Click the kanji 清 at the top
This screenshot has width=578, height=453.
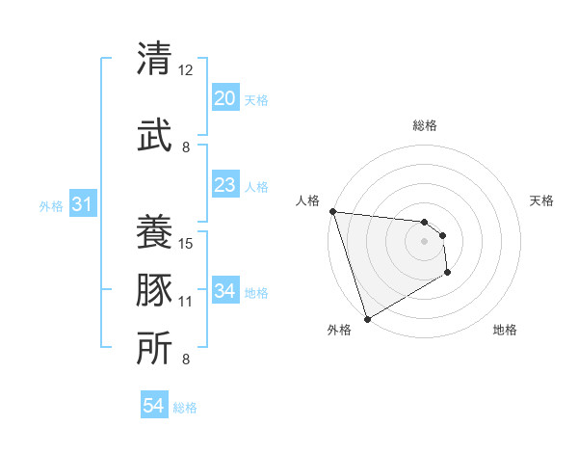[153, 60]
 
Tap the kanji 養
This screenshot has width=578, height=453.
[153, 231]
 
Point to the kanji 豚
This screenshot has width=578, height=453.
[153, 288]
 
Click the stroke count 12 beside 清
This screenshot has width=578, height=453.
[186, 70]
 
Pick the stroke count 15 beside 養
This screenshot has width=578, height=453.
[186, 243]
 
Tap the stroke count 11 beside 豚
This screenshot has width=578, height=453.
[186, 302]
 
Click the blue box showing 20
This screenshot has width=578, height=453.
[224, 98]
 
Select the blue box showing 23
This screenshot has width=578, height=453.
[224, 185]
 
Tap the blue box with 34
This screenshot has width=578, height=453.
[224, 291]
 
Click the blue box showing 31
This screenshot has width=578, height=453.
[82, 204]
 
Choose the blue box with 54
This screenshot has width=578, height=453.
[153, 407]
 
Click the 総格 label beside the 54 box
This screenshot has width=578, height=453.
[185, 408]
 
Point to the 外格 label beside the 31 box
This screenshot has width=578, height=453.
[51, 205]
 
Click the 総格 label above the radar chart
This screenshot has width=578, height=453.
[425, 125]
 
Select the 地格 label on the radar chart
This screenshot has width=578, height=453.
[505, 330]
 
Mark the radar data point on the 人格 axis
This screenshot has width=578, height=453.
[332, 211]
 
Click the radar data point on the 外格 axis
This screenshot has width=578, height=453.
[367, 318]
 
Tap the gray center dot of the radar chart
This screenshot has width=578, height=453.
[424, 241]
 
